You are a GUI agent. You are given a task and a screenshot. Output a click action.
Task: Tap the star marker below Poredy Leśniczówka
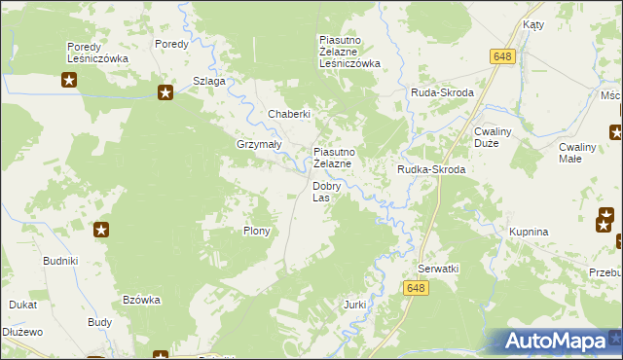click(68, 80)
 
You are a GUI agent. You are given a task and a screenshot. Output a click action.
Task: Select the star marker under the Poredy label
click(165, 92)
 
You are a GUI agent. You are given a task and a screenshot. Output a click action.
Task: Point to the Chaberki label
click(289, 114)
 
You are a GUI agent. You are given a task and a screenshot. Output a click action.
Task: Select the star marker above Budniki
click(101, 231)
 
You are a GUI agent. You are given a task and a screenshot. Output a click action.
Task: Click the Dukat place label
click(23, 305)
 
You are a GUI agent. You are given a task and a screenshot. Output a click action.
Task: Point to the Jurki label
click(354, 305)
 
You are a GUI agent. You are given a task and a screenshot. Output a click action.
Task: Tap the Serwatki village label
click(437, 268)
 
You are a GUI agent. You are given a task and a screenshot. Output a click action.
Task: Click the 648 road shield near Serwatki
click(416, 287)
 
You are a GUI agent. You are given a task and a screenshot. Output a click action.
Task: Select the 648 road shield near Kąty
click(502, 58)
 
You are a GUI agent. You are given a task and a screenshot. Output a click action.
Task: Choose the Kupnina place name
click(530, 233)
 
